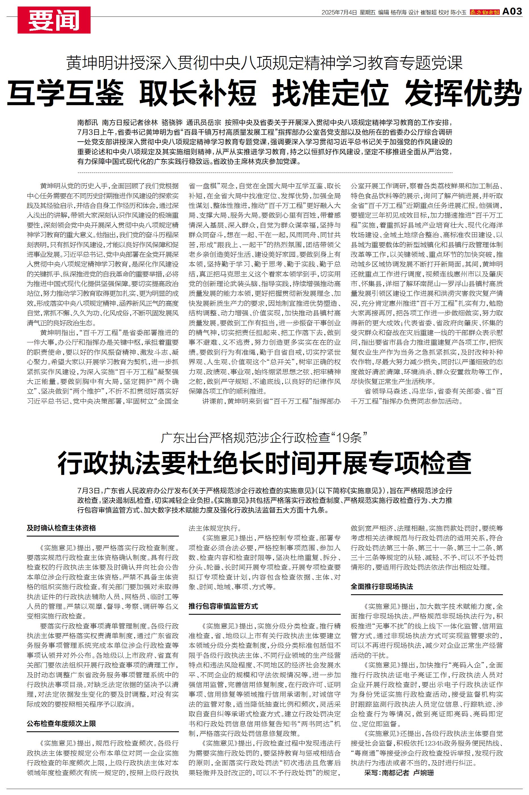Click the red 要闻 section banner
[x=54, y=20]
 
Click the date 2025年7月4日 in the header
[x=339, y=13]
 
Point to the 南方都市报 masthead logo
[x=485, y=13]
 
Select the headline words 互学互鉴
[x=65, y=93]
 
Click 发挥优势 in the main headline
[x=463, y=93]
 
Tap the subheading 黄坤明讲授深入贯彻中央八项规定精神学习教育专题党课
[x=264, y=63]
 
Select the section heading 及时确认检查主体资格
[x=61, y=528]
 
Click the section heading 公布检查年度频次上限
[x=61, y=723]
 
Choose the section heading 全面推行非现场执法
[x=382, y=587]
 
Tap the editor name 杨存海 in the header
[x=398, y=13]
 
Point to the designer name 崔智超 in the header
[x=428, y=13]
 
